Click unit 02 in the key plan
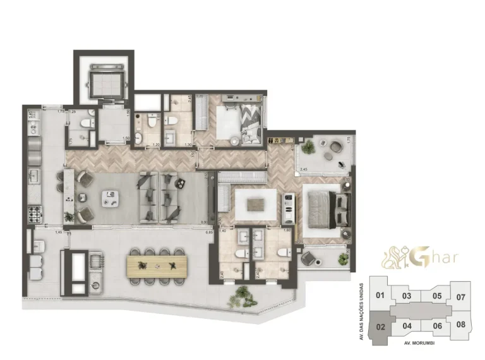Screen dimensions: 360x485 pyautogui.click(x=380, y=327)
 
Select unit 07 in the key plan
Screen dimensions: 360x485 pyautogui.click(x=460, y=296)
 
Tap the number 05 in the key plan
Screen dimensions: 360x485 pyautogui.click(x=436, y=295)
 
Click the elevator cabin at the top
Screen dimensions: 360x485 pyautogui.click(x=102, y=80)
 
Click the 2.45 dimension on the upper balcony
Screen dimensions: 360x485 pyautogui.click(x=304, y=169)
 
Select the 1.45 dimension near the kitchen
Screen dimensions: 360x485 pyautogui.click(x=58, y=233)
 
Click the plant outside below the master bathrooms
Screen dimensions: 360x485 pyautogui.click(x=242, y=294)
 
